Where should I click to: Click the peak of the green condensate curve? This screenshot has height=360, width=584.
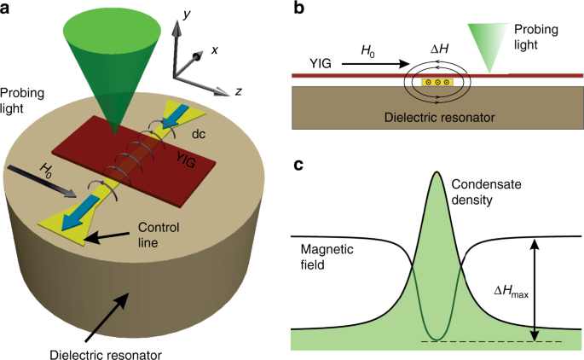[x=437, y=173]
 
